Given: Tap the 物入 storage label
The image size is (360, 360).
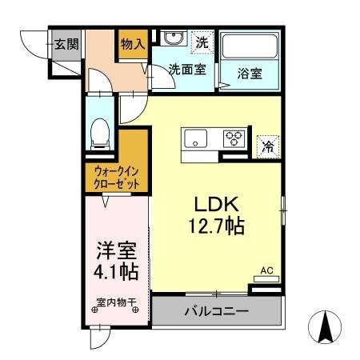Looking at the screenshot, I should click(133, 45).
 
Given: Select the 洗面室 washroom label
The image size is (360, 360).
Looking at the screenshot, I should click(186, 69).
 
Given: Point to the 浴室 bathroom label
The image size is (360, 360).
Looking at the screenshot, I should click(250, 73).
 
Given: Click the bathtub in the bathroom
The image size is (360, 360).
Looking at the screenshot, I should click(249, 47).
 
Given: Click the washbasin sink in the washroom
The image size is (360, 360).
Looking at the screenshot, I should click(172, 39).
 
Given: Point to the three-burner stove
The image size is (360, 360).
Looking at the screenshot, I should click(234, 138).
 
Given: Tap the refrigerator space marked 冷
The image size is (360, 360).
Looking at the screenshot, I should click(268, 146).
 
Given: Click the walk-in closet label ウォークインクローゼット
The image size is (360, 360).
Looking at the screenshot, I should click(117, 178).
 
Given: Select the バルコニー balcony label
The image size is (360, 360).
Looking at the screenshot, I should click(218, 310).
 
